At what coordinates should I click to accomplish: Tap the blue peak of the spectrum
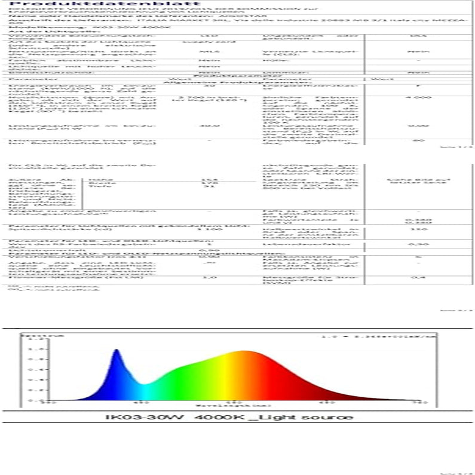click(x=117, y=351)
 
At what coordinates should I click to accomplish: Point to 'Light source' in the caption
click(x=320, y=418)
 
